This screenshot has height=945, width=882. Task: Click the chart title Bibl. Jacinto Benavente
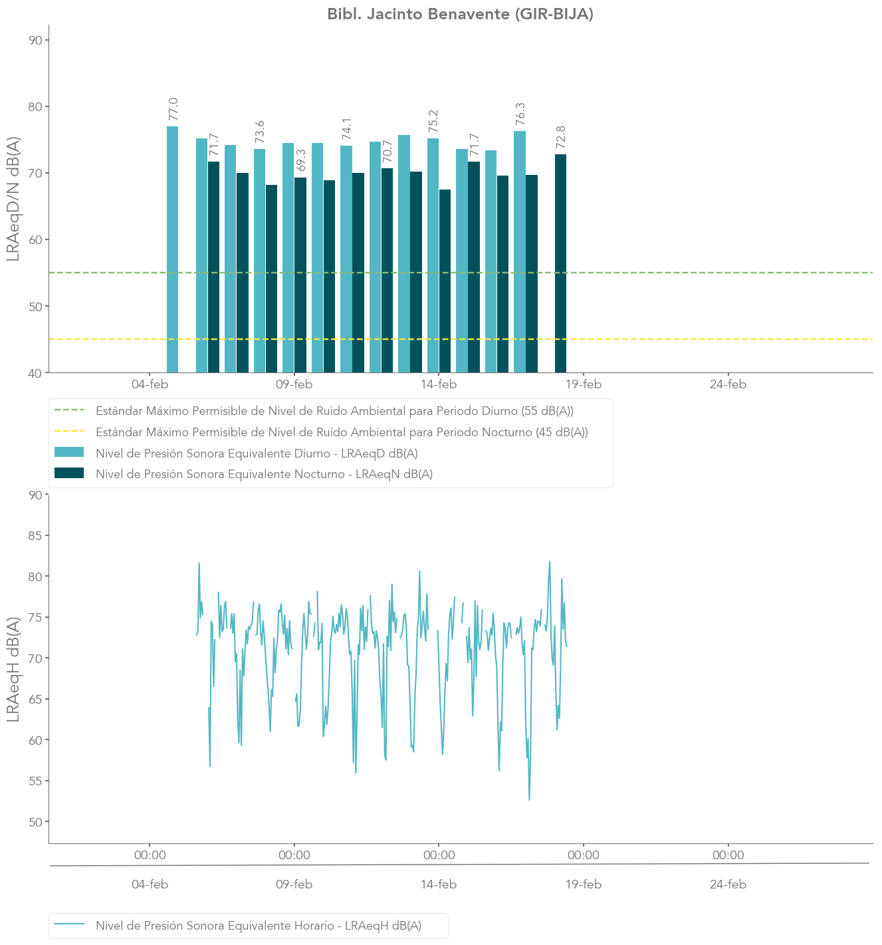click(460, 14)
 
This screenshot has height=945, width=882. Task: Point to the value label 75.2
click(433, 122)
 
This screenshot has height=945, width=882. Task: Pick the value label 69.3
click(300, 160)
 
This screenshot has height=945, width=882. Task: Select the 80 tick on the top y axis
click(35, 107)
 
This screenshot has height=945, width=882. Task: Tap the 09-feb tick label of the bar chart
click(294, 384)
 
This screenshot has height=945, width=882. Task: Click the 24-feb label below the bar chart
click(728, 384)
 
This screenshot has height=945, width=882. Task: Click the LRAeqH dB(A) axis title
click(13, 668)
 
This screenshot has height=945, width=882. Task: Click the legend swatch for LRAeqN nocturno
click(69, 473)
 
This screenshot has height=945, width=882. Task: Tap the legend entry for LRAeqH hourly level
click(259, 925)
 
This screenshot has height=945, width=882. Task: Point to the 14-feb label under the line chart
click(439, 884)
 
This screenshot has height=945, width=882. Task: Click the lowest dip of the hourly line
click(529, 799)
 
